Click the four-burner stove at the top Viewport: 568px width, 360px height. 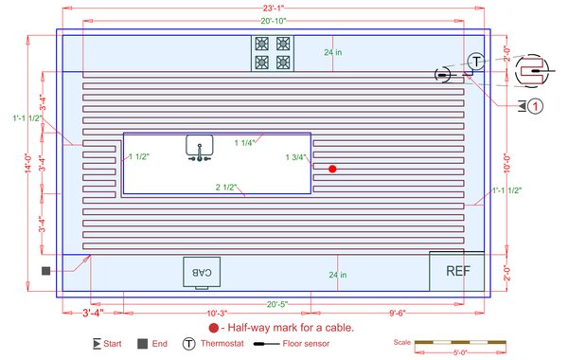tap(273, 53)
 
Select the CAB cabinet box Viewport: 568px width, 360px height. tap(202, 271)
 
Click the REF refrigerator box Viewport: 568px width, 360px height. tap(457, 270)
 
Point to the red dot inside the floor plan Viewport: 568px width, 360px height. tap(332, 169)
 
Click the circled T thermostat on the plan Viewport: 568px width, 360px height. tap(476, 61)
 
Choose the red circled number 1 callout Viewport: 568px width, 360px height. tap(536, 106)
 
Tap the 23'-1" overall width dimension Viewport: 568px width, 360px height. tap(274, 8)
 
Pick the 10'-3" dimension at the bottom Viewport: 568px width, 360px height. tap(218, 313)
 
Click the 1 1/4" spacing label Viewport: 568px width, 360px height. tap(245, 142)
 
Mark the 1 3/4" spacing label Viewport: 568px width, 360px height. tap(296, 157)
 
